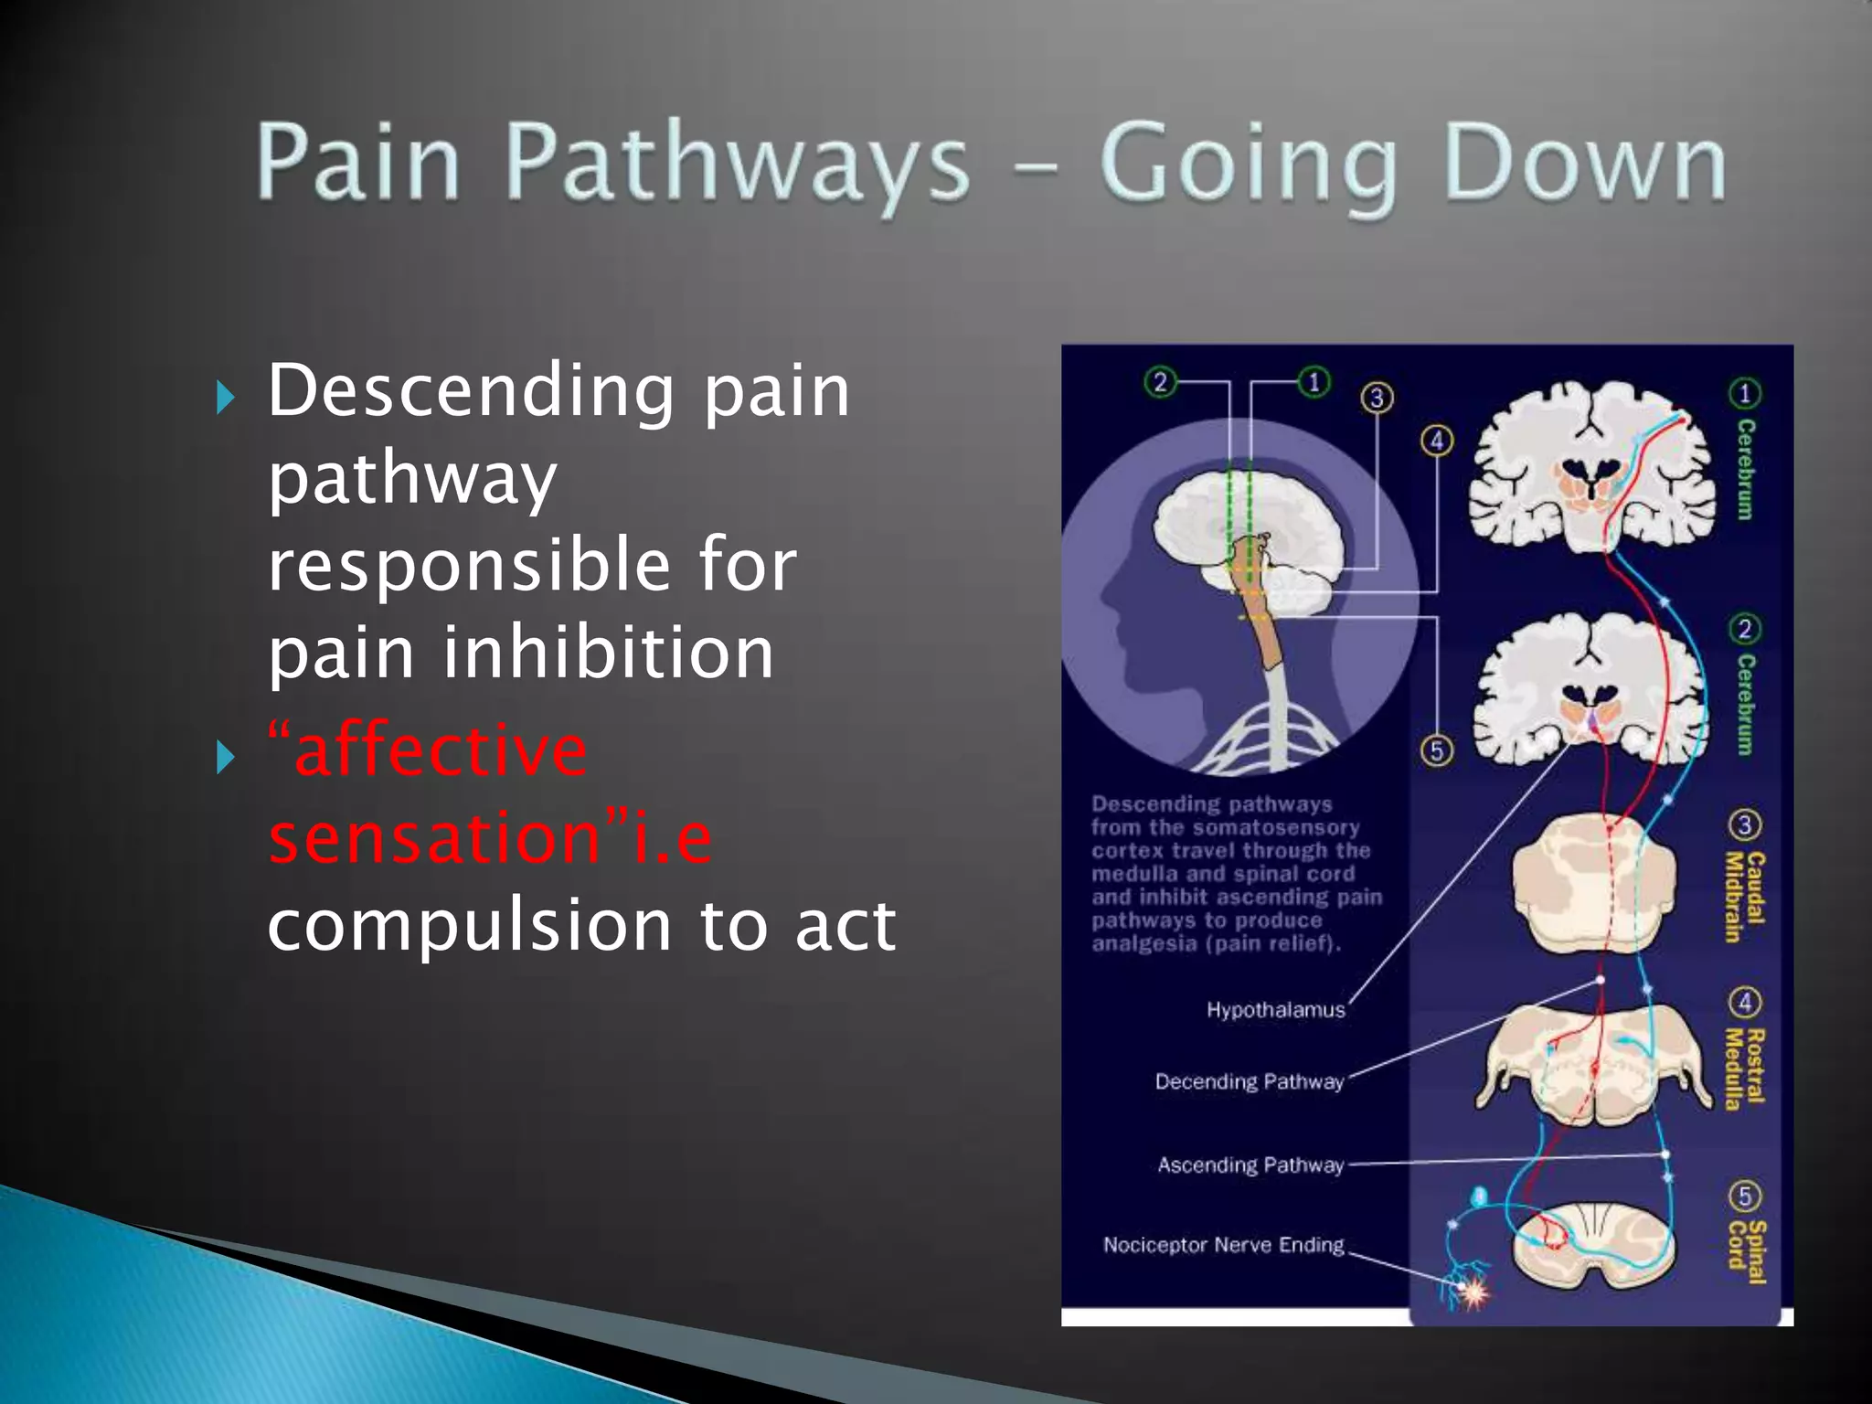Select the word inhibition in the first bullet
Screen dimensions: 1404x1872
(608, 653)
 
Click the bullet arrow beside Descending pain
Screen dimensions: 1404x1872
(225, 398)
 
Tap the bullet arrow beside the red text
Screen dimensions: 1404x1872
(225, 758)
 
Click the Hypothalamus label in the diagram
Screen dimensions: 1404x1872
(1275, 1010)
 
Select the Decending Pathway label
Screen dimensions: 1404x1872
(1249, 1082)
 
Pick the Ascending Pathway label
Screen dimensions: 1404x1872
(1250, 1165)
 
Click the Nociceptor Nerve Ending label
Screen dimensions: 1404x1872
(1223, 1245)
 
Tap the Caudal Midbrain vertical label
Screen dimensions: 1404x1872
(1743, 896)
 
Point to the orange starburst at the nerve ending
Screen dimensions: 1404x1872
(1473, 1292)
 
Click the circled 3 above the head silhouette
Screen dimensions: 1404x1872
(1377, 398)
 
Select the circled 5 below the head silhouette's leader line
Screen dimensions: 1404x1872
(1437, 750)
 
